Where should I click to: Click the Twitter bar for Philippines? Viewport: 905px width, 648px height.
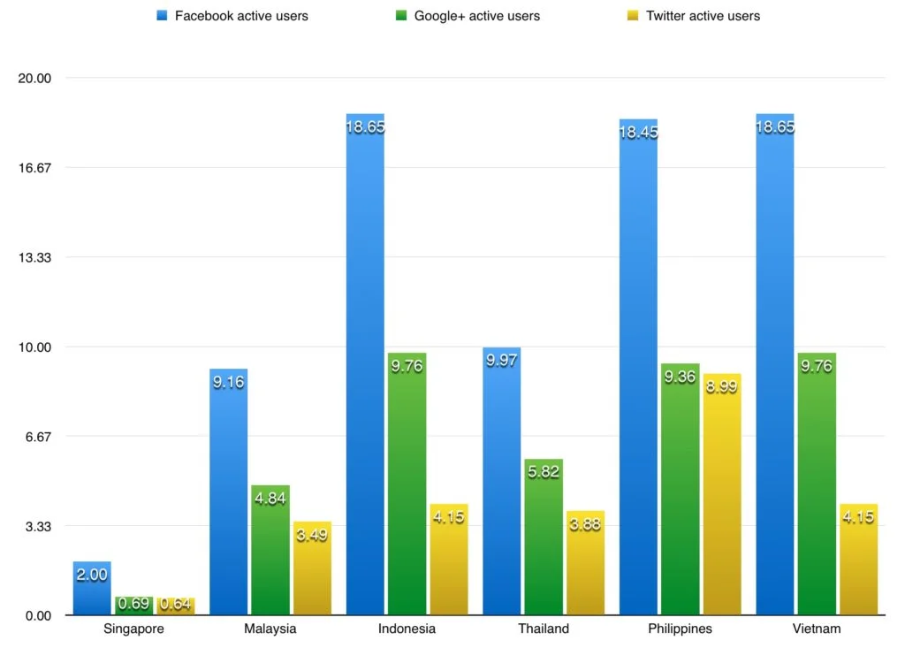point(722,494)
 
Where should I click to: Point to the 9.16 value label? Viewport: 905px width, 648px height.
point(228,383)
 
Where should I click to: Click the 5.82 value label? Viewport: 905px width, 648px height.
point(543,472)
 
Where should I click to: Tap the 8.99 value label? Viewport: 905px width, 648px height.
point(722,387)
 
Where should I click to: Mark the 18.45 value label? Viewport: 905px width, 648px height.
point(638,133)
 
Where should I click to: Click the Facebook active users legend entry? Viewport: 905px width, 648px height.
point(232,16)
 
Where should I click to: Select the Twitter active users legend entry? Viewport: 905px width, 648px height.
point(694,16)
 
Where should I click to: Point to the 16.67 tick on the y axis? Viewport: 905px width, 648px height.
point(35,168)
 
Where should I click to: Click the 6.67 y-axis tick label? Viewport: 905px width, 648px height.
point(39,437)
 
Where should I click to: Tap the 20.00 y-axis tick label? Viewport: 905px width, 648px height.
point(35,78)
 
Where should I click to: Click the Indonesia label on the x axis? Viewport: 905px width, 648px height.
point(407,629)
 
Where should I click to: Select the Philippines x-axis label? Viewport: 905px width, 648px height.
point(680,629)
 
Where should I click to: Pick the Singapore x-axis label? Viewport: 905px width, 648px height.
point(133,629)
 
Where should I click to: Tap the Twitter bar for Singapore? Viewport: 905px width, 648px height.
point(176,606)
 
